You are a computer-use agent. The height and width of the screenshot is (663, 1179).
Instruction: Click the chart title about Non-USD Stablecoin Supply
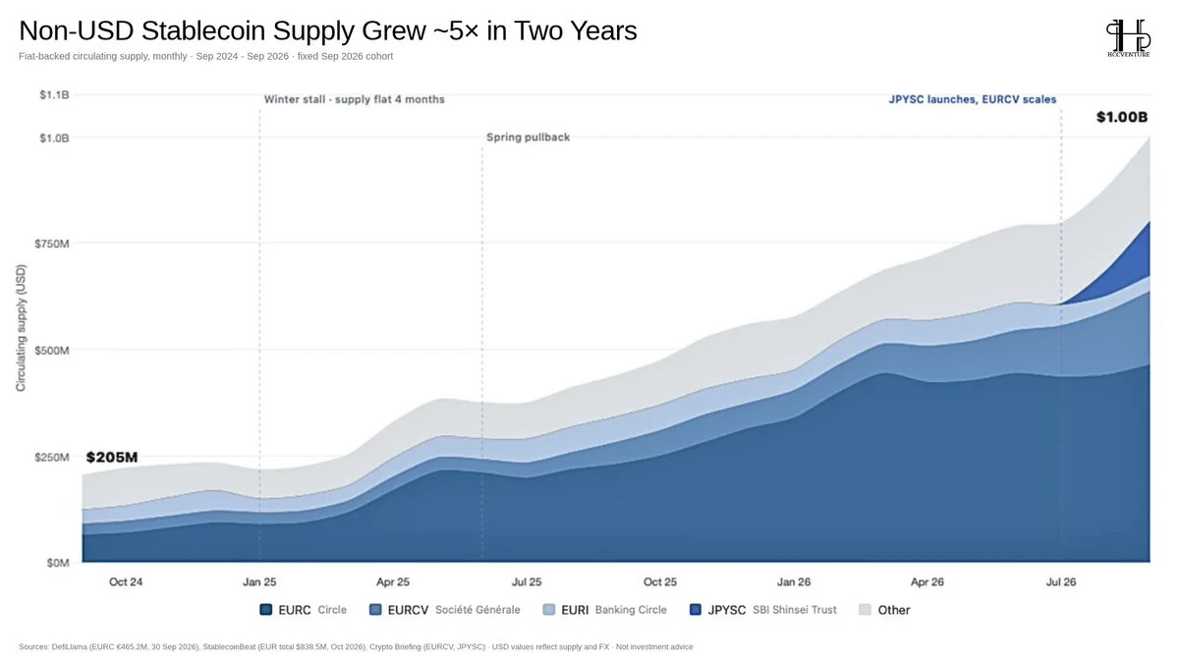point(328,30)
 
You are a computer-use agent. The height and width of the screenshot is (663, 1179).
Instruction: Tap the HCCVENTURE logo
point(1129,38)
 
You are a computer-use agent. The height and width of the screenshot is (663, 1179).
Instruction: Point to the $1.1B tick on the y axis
point(54,94)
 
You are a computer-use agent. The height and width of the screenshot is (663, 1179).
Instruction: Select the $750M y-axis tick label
point(51,244)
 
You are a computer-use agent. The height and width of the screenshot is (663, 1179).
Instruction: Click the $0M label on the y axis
point(58,563)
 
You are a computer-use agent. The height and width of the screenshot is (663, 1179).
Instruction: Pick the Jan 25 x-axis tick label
point(259,581)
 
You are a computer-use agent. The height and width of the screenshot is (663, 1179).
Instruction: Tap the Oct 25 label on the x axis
point(660,581)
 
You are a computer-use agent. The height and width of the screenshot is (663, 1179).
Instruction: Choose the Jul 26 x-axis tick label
point(1061,581)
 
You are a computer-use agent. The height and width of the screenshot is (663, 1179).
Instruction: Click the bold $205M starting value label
point(112,458)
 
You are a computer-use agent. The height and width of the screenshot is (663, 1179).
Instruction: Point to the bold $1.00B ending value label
point(1122,117)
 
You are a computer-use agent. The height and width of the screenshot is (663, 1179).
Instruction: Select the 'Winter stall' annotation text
point(355,99)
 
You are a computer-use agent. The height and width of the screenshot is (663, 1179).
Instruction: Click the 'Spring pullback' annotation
point(528,138)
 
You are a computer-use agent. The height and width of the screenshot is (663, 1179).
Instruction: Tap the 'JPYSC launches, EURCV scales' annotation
point(973,99)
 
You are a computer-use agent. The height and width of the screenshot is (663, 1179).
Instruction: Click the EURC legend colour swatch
point(266,610)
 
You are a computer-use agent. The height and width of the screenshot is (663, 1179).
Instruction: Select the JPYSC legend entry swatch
point(696,610)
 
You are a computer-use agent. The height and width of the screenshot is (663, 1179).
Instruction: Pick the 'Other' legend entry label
point(894,610)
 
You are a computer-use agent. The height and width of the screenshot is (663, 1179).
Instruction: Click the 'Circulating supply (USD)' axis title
point(21,328)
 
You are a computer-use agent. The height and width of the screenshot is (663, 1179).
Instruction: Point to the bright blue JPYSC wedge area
point(1126,263)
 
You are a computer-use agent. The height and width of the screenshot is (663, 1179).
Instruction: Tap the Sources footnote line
point(356,646)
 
